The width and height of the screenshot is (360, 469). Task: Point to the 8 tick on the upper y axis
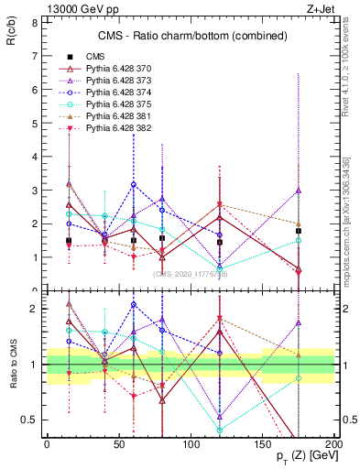click(33, 21)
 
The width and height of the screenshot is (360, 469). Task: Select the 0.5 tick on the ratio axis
click(29, 420)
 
